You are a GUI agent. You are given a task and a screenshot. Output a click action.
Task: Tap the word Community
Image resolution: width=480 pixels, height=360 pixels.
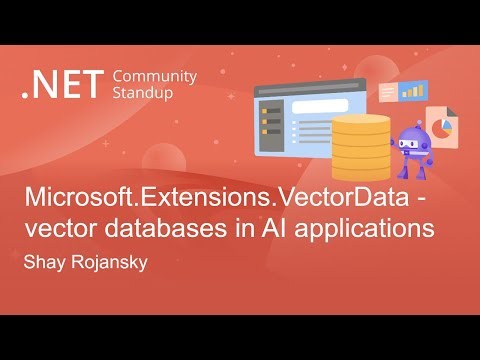coord(155,76)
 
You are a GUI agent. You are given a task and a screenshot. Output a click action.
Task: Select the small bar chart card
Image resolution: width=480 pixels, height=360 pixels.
coord(412,91)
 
